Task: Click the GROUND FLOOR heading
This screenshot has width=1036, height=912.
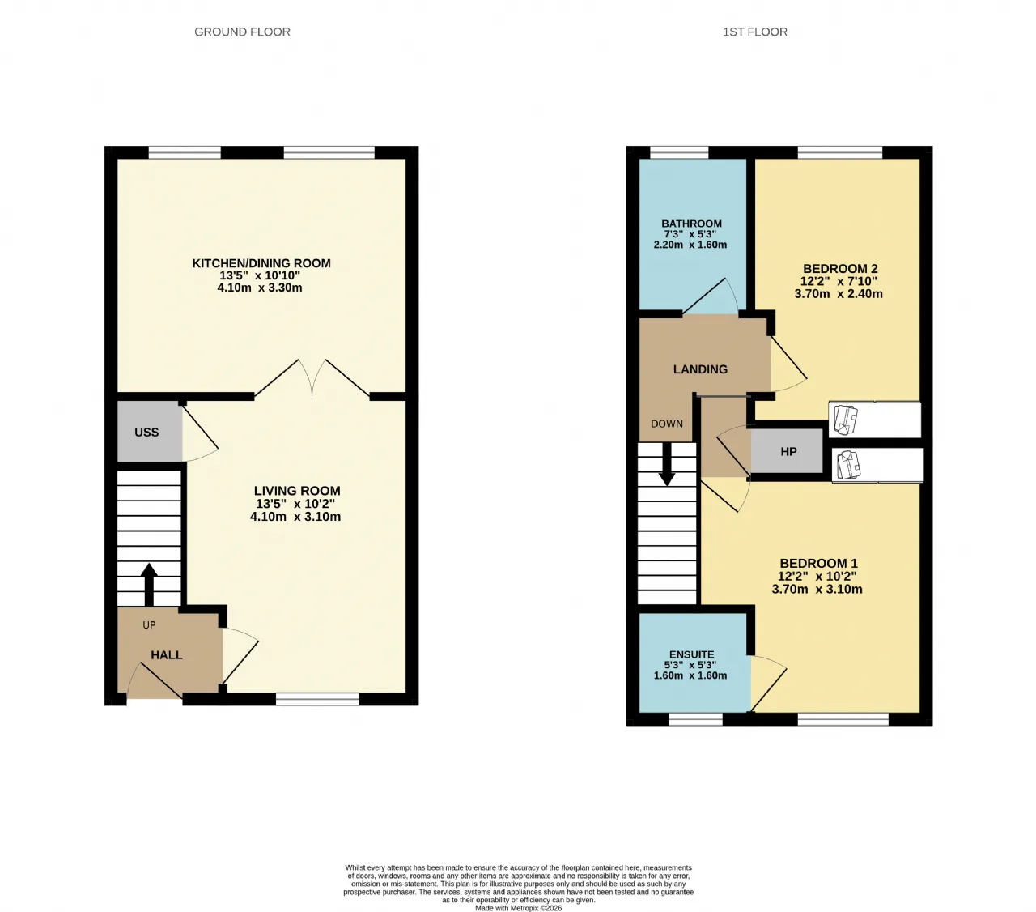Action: click(x=242, y=32)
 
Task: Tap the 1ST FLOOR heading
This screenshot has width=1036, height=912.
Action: click(x=755, y=32)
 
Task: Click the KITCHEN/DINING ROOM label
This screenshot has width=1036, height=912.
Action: click(x=261, y=263)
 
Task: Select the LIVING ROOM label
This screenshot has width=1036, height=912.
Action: click(x=297, y=490)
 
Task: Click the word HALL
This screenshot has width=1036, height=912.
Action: click(x=167, y=654)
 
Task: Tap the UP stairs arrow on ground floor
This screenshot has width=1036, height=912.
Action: click(x=149, y=585)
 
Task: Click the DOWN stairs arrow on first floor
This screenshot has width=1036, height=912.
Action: click(x=666, y=463)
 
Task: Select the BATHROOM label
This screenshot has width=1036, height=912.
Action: click(x=691, y=224)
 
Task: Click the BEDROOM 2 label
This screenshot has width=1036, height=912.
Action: click(x=840, y=269)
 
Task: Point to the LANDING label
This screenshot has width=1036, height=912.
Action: click(x=700, y=369)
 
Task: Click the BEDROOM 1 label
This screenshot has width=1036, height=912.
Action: click(x=818, y=564)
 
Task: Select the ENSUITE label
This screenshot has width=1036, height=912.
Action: click(x=691, y=654)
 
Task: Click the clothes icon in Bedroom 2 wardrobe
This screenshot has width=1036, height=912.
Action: click(x=845, y=420)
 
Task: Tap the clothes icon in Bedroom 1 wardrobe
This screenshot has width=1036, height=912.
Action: click(x=848, y=465)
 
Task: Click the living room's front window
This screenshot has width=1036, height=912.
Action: click(x=317, y=699)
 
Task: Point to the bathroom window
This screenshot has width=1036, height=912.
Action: click(x=679, y=152)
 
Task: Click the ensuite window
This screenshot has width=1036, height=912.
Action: click(x=695, y=719)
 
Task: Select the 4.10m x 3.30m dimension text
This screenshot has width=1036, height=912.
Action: click(x=260, y=288)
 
